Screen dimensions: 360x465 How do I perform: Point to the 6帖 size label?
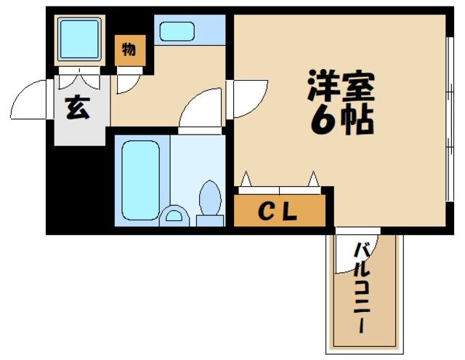341,121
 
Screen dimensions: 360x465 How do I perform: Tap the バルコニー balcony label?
360,289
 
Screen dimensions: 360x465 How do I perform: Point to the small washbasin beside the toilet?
174,216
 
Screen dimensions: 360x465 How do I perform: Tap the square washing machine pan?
78,41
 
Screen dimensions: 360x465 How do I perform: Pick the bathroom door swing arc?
200,111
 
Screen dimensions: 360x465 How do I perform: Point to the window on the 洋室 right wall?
445,120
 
